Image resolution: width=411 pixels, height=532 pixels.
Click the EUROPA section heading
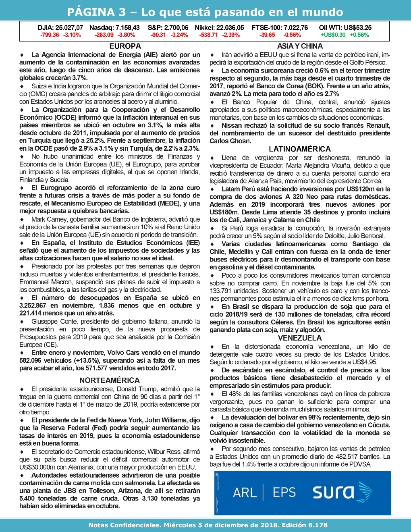(x=125, y=46)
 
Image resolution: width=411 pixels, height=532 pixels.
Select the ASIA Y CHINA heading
(x=300, y=46)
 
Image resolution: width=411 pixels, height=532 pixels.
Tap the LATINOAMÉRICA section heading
(x=300, y=149)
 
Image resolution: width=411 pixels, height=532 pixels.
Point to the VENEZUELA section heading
(x=300, y=338)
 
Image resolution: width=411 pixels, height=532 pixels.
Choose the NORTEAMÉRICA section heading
(x=110, y=380)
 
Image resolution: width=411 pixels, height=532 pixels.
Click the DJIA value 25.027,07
(x=69, y=28)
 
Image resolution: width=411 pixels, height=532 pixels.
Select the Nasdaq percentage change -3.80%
(x=126, y=35)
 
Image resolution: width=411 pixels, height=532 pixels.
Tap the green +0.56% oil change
(x=359, y=35)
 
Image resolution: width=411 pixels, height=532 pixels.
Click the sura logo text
(x=334, y=492)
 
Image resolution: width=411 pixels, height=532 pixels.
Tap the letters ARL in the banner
(x=244, y=493)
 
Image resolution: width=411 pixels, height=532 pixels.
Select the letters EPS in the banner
(x=284, y=493)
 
